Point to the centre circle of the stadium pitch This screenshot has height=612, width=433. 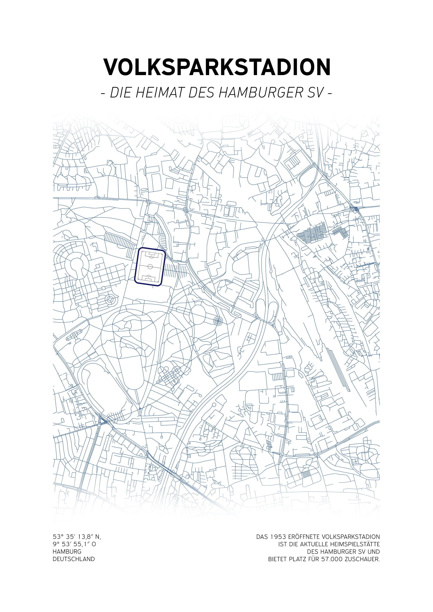coord(150,266)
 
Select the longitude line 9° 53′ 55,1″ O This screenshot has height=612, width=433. coord(74,544)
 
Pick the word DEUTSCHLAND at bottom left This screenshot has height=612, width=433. coord(74,559)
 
